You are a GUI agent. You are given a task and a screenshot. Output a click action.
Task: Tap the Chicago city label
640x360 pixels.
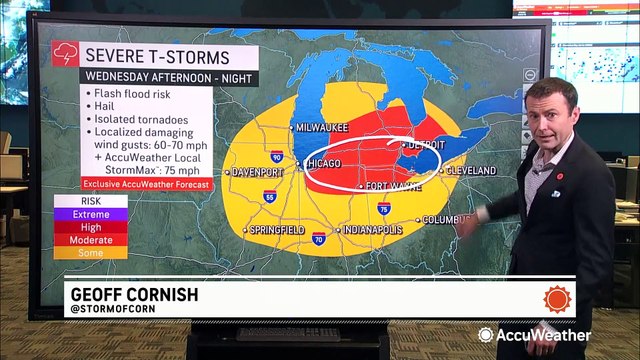click(327, 162)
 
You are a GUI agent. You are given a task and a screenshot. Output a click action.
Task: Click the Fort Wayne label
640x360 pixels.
click(391, 187)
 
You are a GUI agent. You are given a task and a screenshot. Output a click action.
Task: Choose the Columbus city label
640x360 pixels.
click(447, 219)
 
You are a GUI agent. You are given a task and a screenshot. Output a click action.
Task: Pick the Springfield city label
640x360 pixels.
click(278, 231)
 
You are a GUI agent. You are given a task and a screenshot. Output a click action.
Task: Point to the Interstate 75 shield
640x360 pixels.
click(385, 209)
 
